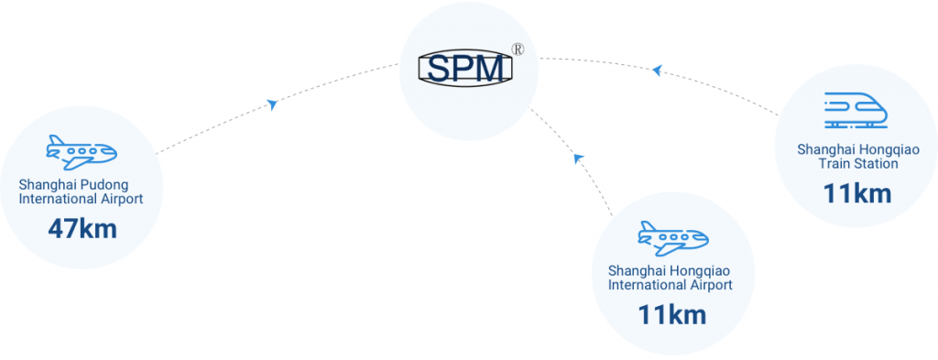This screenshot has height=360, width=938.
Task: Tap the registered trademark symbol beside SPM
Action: (518, 50)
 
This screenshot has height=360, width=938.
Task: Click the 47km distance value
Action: (82, 228)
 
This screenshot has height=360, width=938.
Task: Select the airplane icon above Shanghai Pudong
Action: (82, 152)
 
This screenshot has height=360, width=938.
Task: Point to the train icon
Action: (855, 109)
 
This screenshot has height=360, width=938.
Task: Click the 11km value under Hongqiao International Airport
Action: (671, 315)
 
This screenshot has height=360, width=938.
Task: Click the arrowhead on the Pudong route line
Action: (272, 104)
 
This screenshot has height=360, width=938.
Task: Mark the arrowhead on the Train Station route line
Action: (656, 71)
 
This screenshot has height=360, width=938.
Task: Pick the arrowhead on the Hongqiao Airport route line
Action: (578, 158)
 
